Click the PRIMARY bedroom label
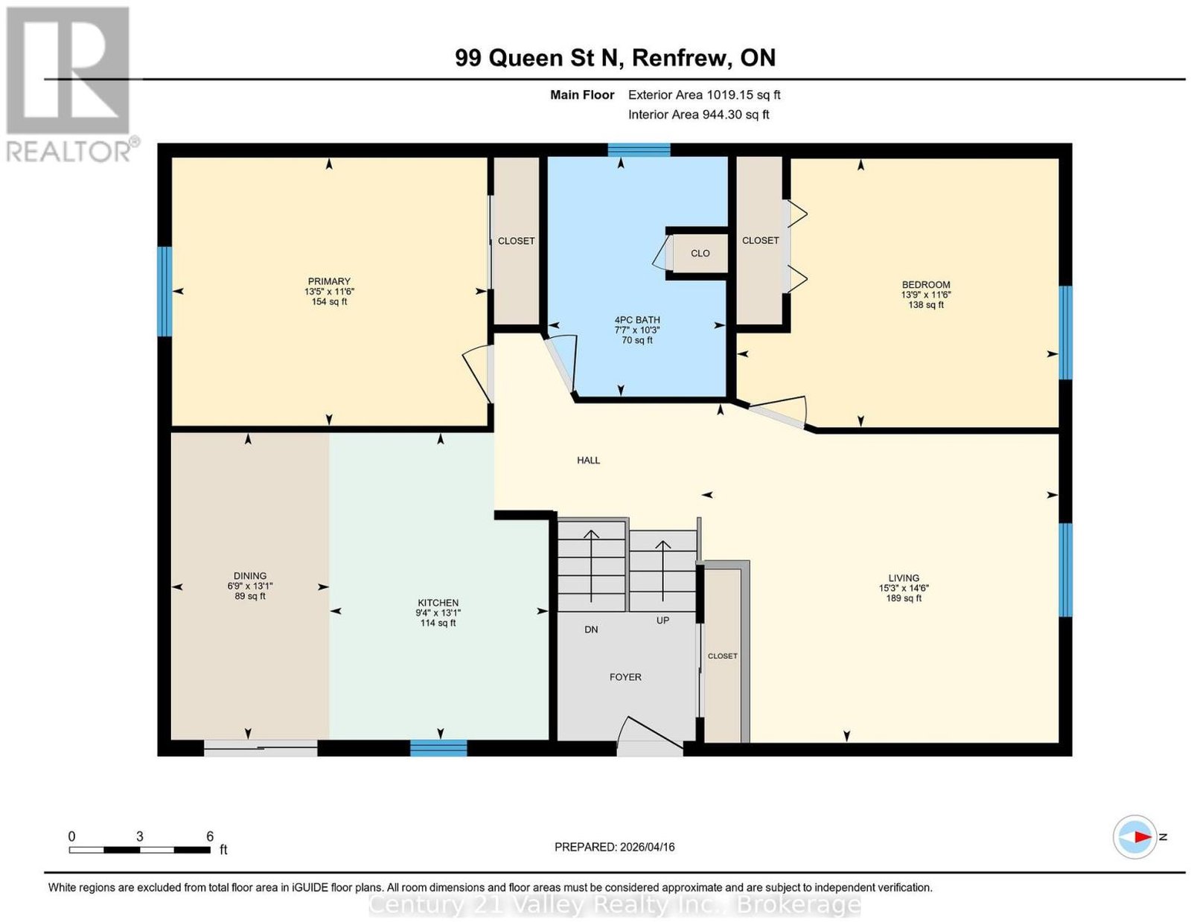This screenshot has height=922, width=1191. [329, 281]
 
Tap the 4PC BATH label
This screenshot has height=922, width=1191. [637, 320]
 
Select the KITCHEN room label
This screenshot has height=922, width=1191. [438, 603]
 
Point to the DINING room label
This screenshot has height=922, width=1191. [250, 576]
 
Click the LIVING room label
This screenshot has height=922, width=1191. [904, 578]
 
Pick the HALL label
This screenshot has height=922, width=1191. [588, 460]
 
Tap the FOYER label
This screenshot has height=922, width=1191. [625, 677]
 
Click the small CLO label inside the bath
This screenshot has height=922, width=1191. [700, 253]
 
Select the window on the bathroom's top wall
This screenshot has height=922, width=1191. [639, 150]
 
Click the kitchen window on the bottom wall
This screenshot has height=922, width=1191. [438, 749]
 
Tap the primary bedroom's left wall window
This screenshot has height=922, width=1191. [165, 292]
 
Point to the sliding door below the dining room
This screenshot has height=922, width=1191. [261, 749]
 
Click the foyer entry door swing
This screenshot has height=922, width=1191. [650, 733]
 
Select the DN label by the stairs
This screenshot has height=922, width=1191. [591, 630]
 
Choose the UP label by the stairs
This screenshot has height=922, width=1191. [662, 620]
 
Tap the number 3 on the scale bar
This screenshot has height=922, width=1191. [140, 836]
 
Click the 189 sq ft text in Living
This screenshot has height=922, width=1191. [904, 598]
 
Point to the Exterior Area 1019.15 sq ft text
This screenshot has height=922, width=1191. [704, 95]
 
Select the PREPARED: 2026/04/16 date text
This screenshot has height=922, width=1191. [614, 847]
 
